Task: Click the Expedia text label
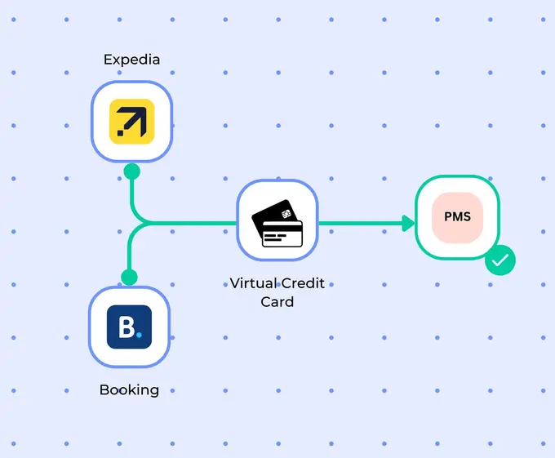[131, 60]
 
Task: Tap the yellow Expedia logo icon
[131, 122]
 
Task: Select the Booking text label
[129, 389]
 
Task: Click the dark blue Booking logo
[129, 327]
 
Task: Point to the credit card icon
[277, 223]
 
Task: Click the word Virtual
[253, 283]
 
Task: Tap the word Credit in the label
[303, 283]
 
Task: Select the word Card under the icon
[277, 302]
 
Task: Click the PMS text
[457, 216]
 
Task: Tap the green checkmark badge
[500, 260]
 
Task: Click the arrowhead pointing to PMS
[408, 223]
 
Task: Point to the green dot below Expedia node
[132, 171]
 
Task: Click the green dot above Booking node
[129, 277]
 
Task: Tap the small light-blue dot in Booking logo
[139, 335]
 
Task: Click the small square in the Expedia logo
[120, 133]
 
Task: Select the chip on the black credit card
[286, 214]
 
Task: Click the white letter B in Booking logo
[127, 327]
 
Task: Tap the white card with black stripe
[282, 233]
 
